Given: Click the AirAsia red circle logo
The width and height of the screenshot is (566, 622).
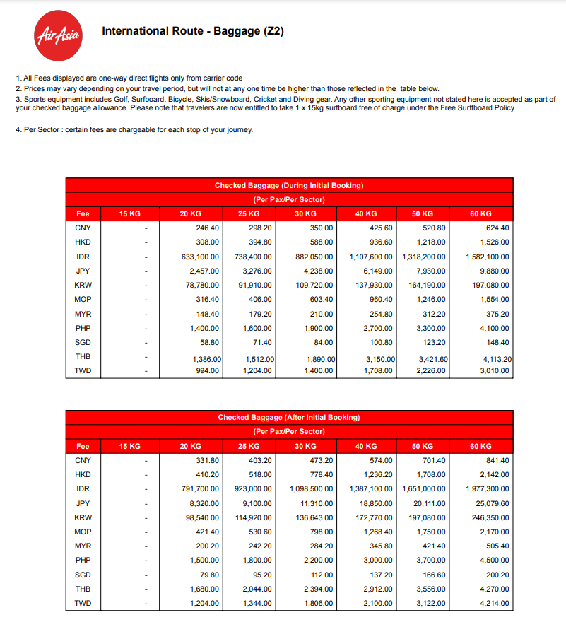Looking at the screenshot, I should [x=59, y=36].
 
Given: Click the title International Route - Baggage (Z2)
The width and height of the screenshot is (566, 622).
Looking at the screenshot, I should [x=193, y=31].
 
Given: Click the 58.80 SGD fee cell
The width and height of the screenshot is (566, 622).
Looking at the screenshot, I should [x=209, y=342].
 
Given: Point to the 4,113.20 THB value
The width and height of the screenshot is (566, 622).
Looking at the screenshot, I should [x=497, y=359].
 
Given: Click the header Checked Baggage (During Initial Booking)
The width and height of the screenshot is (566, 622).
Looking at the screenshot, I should [x=289, y=185].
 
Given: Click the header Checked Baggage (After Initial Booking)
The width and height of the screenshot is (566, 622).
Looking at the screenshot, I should [x=289, y=417].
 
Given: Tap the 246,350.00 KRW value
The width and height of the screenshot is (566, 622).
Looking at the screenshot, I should [x=490, y=517].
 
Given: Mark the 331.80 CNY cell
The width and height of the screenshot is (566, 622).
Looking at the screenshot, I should [x=207, y=460].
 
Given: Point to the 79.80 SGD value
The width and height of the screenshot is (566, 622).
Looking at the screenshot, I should [x=209, y=575].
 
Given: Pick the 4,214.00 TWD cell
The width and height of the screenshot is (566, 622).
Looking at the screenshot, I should [x=494, y=603].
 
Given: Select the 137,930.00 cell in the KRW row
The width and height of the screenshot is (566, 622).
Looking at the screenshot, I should [x=372, y=285].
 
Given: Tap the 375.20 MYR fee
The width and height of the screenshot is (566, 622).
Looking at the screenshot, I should [x=497, y=313].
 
